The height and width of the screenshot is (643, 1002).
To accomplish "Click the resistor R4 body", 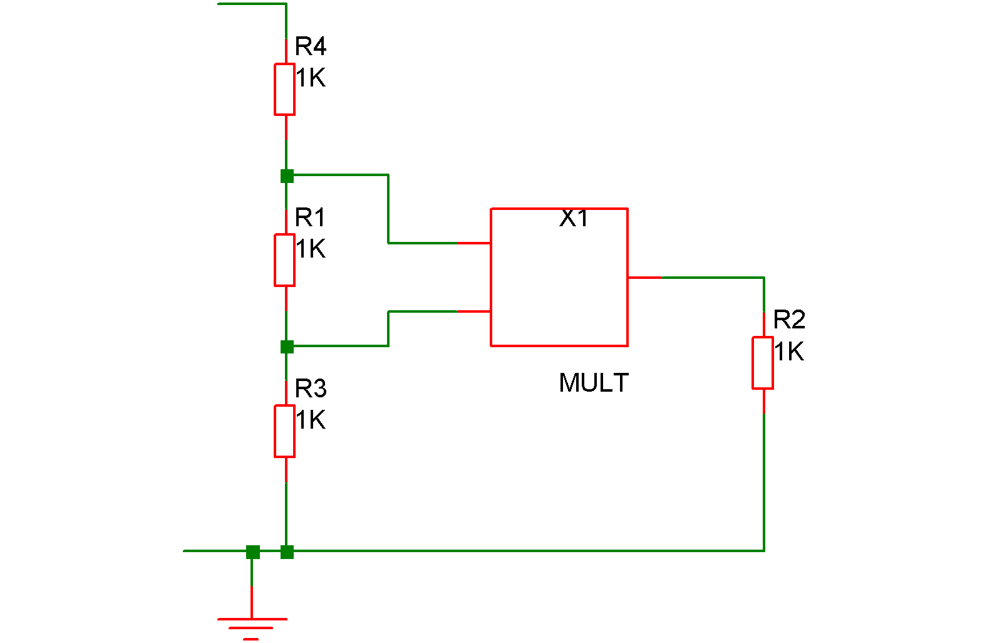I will [x=285, y=89].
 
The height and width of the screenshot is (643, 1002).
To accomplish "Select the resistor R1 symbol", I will [x=285, y=260].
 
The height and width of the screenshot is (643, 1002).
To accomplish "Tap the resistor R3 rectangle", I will [x=285, y=431].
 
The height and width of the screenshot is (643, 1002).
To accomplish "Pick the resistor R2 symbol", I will [x=763, y=363].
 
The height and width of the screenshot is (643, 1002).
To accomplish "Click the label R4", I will [x=311, y=46].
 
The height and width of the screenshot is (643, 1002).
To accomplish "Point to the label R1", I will [x=311, y=217].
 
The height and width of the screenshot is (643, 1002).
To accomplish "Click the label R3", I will [x=311, y=389].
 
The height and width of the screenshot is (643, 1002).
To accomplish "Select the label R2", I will [x=789, y=320].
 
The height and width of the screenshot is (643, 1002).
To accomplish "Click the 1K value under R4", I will [x=311, y=78].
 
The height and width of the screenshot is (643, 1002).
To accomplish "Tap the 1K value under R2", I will [x=789, y=352].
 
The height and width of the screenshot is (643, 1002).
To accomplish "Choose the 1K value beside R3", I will [x=311, y=420].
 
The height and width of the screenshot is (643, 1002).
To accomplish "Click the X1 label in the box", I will [x=574, y=218].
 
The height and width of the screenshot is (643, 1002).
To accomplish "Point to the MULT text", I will [x=594, y=383].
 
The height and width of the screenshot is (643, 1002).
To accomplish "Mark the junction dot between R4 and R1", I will [x=287, y=176].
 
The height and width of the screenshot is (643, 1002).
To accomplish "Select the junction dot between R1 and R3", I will [x=287, y=347].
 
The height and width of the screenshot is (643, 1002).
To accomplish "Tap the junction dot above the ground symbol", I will [x=253, y=552].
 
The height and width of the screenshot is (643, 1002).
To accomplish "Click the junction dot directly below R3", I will [x=287, y=552].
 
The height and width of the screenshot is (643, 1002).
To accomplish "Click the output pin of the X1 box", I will [x=644, y=277].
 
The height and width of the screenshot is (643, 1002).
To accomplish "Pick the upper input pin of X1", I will [x=474, y=243].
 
